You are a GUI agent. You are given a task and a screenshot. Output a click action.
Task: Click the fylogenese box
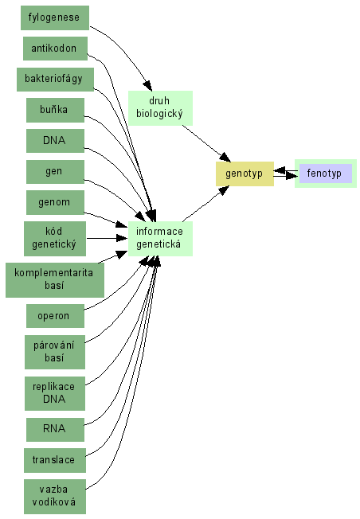point(55,18)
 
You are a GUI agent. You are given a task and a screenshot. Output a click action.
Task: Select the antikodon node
point(55,49)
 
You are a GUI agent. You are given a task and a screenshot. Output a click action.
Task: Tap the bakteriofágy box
point(55,80)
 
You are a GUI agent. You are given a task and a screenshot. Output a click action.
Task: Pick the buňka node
point(55,110)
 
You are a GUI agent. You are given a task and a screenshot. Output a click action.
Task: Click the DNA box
point(55,141)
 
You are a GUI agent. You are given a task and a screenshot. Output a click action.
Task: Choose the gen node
point(55,172)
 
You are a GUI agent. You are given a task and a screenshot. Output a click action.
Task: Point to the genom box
point(55,202)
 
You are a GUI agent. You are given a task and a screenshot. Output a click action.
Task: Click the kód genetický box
point(55,239)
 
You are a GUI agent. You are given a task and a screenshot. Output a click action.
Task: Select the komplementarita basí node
point(55,280)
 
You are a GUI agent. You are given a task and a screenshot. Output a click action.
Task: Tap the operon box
point(55,316)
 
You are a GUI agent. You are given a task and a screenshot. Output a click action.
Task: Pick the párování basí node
point(55,352)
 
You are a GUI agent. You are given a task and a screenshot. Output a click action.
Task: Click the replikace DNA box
point(55,393)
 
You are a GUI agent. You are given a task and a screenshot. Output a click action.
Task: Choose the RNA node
point(55,429)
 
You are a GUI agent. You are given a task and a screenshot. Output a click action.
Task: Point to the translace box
point(55,460)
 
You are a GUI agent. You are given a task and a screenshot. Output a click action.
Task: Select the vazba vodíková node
point(55,497)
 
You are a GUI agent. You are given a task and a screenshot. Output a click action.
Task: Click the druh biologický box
point(160,108)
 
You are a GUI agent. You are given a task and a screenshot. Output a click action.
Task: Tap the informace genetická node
point(160,239)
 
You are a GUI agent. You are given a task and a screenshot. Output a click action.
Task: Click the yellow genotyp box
point(245,174)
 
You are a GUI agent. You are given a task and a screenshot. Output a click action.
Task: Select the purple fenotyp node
point(326,174)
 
